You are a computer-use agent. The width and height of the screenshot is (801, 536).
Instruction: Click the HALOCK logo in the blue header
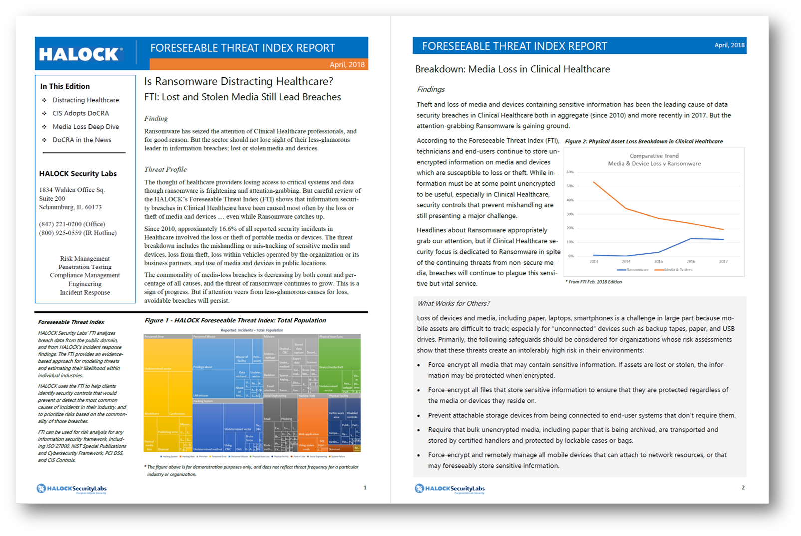point(80,54)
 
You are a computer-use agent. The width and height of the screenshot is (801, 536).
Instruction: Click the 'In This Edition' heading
point(65,86)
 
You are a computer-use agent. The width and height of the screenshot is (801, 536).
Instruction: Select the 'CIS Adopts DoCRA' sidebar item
point(81,113)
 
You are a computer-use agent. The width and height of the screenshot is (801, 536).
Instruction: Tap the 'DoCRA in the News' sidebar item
point(82,140)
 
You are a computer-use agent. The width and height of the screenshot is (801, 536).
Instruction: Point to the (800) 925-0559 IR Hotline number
point(78,233)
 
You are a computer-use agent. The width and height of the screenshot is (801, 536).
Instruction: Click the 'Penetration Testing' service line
point(85,267)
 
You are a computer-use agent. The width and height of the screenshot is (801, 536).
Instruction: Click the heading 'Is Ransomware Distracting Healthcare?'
point(239,81)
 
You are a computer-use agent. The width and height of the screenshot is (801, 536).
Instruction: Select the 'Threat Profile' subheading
point(165,169)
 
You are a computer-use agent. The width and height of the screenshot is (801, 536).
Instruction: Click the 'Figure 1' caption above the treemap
point(235,320)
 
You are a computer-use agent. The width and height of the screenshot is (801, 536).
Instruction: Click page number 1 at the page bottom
point(365,487)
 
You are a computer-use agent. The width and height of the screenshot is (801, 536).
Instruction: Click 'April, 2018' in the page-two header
point(729,45)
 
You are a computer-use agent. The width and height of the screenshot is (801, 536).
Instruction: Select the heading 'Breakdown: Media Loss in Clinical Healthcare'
point(513,69)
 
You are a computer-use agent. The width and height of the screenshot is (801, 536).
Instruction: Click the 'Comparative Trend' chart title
point(654,156)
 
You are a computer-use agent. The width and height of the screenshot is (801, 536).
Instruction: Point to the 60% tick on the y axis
point(570,172)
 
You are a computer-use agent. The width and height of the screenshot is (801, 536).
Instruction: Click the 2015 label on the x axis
point(658,261)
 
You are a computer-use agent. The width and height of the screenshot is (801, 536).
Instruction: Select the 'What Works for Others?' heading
point(454,303)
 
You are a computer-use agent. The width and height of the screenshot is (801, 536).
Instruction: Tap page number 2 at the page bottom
point(743,487)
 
